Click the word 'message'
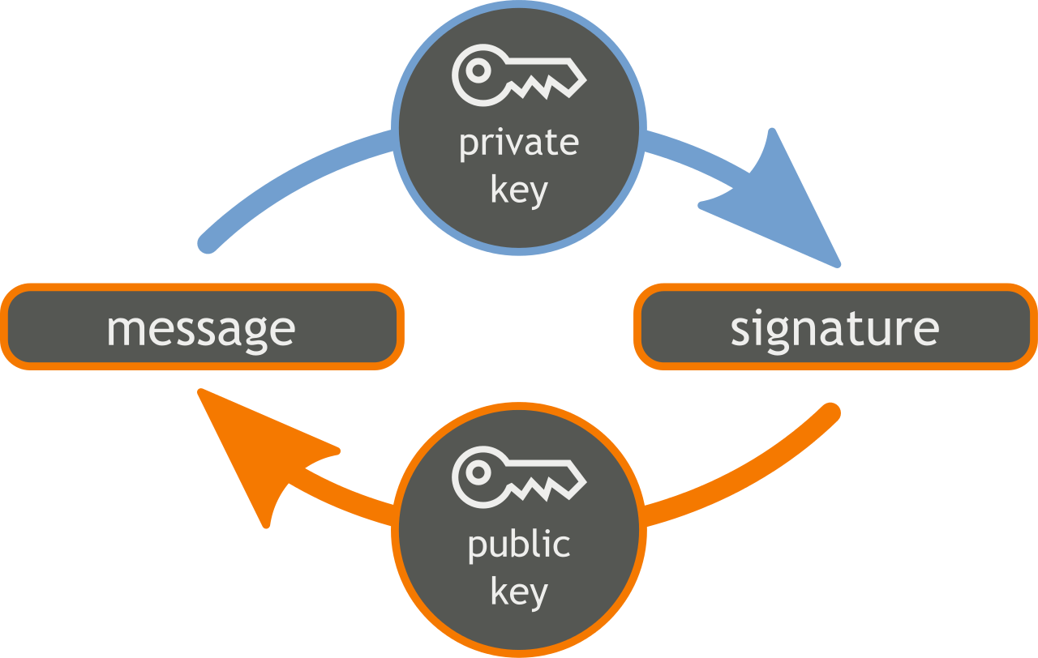click(x=200, y=328)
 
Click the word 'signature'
click(x=834, y=328)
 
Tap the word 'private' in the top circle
click(x=519, y=143)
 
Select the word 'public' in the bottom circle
click(x=519, y=545)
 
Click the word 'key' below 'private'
click(x=519, y=191)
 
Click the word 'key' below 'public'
click(x=519, y=592)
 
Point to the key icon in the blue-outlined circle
click(x=519, y=75)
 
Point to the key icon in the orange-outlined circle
click(x=519, y=477)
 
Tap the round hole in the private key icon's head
click(x=478, y=71)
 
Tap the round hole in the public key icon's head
click(x=478, y=473)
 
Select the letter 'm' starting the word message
click(x=124, y=330)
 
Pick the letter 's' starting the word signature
click(x=740, y=330)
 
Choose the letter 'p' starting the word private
click(x=469, y=147)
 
